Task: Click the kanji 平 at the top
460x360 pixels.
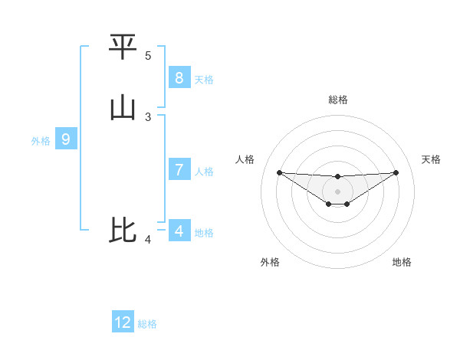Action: pyautogui.click(x=123, y=47)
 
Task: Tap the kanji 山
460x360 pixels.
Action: pyautogui.click(x=123, y=108)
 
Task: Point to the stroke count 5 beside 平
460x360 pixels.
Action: pyautogui.click(x=148, y=56)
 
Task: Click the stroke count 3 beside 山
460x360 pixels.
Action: pyautogui.click(x=148, y=116)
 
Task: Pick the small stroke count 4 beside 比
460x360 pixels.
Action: pyautogui.click(x=148, y=241)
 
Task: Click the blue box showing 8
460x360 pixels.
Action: pyautogui.click(x=179, y=77)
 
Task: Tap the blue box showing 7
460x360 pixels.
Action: pyautogui.click(x=179, y=170)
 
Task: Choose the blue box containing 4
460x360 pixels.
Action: pyautogui.click(x=179, y=230)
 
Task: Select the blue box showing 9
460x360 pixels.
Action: pyautogui.click(x=66, y=139)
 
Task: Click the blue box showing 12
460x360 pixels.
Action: pyautogui.click(x=123, y=322)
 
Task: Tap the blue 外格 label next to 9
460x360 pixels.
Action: pyautogui.click(x=41, y=141)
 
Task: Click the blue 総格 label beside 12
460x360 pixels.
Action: pyautogui.click(x=147, y=324)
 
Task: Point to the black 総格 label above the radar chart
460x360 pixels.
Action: pyautogui.click(x=337, y=100)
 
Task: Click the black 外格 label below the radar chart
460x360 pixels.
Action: pyautogui.click(x=270, y=262)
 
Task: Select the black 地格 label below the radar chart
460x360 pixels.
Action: pyautogui.click(x=402, y=262)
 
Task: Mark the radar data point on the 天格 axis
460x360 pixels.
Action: pyautogui.click(x=396, y=172)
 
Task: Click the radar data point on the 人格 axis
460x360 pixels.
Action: pyautogui.click(x=279, y=172)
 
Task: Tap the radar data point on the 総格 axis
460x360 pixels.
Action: pyautogui.click(x=337, y=177)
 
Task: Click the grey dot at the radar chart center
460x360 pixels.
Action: pyautogui.click(x=337, y=191)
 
